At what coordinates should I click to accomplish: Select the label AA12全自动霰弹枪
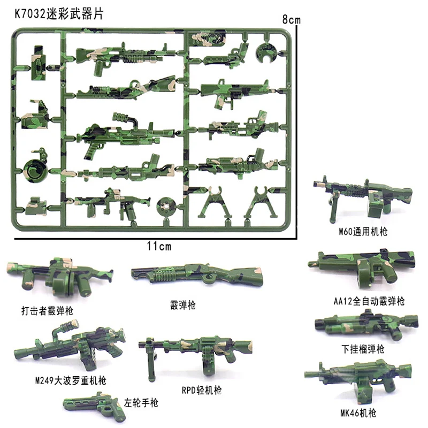(x=371, y=301)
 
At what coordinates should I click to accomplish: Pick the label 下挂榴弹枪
(x=363, y=349)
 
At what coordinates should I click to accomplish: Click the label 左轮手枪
(x=140, y=401)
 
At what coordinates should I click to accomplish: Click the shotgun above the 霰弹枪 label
(x=197, y=274)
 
